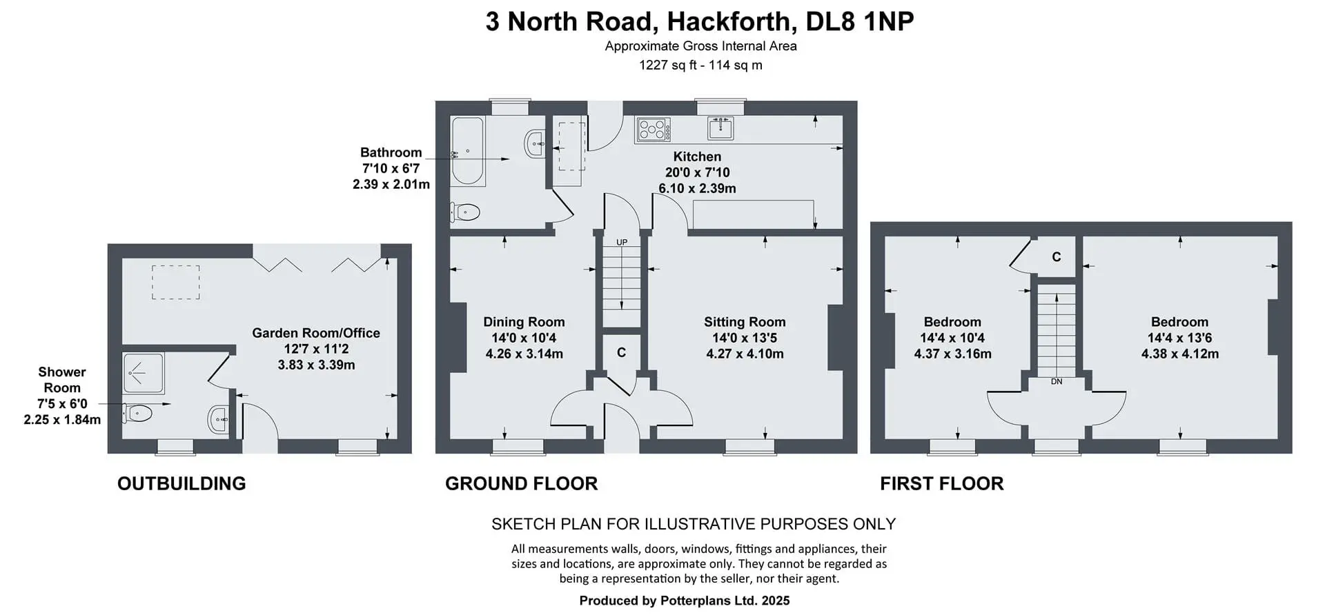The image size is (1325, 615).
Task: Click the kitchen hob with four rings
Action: [653, 130]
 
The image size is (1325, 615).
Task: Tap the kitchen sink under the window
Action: [720, 128]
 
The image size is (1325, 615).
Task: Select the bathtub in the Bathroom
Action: [467, 151]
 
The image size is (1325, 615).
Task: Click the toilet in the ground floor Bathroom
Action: [465, 212]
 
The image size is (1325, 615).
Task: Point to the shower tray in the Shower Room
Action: [144, 373]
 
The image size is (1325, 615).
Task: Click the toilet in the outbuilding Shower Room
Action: [137, 414]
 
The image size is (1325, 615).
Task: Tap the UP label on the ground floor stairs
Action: [622, 243]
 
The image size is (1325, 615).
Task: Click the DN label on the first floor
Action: [1057, 381]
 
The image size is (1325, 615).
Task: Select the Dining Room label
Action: [524, 322]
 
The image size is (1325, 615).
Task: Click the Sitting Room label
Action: [745, 322]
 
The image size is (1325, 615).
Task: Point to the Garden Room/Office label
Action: [316, 333]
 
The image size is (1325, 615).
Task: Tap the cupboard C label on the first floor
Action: [1056, 257]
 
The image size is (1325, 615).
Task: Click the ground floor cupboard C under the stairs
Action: [621, 352]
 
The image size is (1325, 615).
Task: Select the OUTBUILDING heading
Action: [181, 483]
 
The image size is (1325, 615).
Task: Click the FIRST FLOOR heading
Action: [942, 483]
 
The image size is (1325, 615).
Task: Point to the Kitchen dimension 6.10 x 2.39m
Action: [697, 188]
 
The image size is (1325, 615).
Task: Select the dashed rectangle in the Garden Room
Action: [176, 283]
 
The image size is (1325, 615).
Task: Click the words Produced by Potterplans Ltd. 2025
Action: [685, 601]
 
